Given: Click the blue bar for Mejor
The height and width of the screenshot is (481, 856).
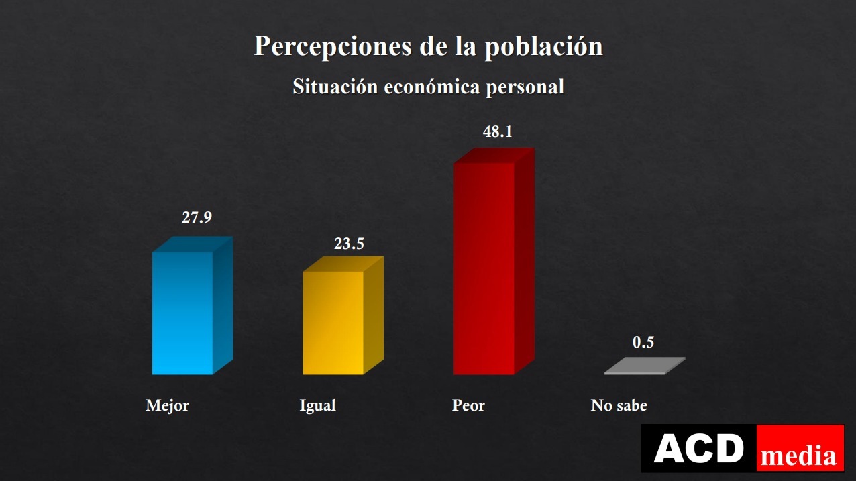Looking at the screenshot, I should pyautogui.click(x=182, y=313).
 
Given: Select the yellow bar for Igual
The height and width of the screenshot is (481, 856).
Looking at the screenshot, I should pyautogui.click(x=333, y=323).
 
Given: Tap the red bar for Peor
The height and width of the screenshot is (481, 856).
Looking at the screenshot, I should pyautogui.click(x=484, y=268).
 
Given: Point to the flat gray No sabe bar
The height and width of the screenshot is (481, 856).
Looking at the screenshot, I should pyautogui.click(x=645, y=366).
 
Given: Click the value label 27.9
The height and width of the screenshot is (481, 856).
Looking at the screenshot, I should pyautogui.click(x=197, y=217).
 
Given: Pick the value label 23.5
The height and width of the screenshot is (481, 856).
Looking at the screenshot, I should pyautogui.click(x=349, y=244).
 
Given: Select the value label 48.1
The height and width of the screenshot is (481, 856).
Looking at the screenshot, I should pyautogui.click(x=498, y=131).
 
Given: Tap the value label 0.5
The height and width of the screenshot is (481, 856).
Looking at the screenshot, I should pyautogui.click(x=643, y=342).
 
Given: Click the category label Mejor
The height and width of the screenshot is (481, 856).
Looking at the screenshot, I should pyautogui.click(x=167, y=406).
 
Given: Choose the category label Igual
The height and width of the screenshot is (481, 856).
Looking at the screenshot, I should pyautogui.click(x=317, y=406).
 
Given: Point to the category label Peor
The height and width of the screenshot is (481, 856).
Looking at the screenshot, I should pyautogui.click(x=468, y=406).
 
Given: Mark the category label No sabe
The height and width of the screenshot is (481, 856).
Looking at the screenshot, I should pyautogui.click(x=619, y=406).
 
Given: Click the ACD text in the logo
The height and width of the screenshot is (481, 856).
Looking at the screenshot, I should pyautogui.click(x=698, y=449).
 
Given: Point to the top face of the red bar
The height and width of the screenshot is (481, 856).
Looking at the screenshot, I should pyautogui.click(x=494, y=156).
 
